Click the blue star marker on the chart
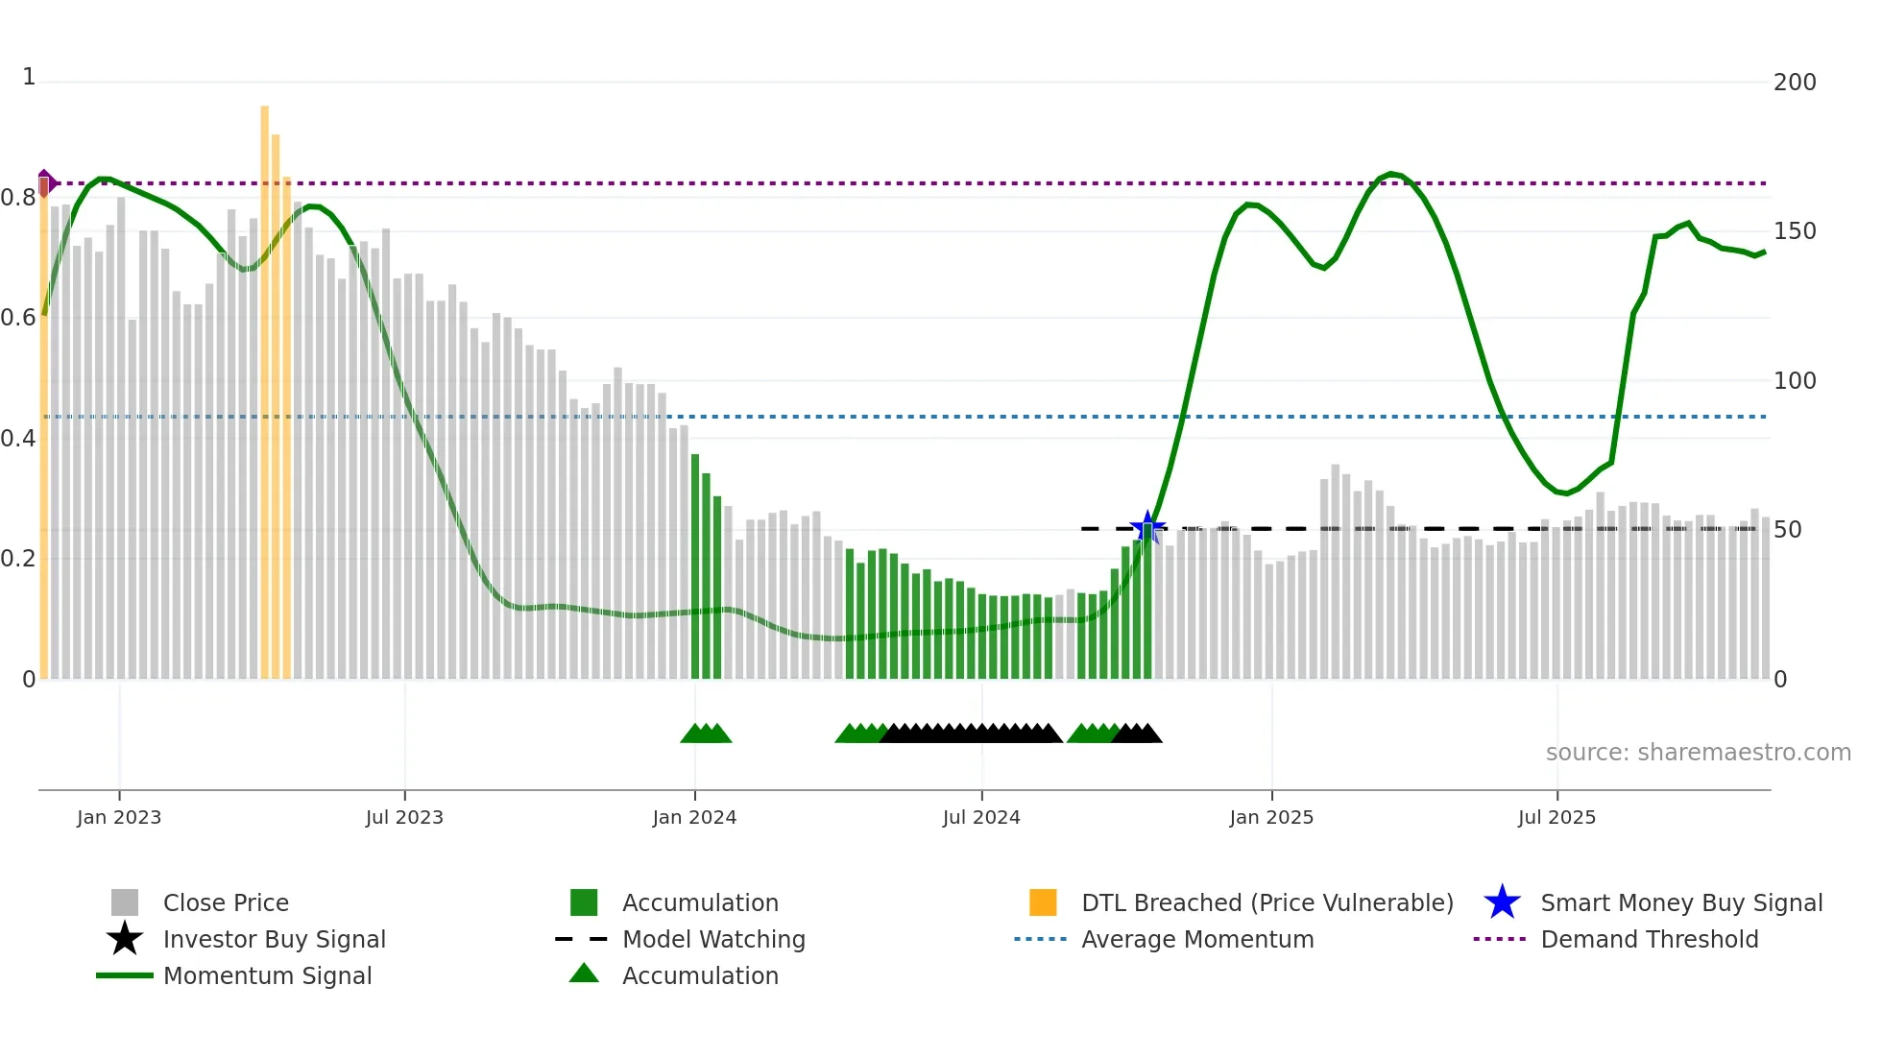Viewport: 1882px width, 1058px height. coord(1147,527)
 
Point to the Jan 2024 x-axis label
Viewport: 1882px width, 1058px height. coord(694,817)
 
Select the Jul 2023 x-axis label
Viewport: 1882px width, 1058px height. coord(404,817)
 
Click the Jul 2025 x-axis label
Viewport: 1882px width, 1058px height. coord(1556,817)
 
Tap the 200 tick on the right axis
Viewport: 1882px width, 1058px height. coord(1794,83)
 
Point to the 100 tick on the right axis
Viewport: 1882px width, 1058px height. coord(1794,381)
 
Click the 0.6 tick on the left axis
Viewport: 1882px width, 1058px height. coord(18,318)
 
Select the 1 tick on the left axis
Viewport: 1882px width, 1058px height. coord(29,77)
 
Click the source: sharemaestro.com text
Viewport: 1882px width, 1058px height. coord(1698,753)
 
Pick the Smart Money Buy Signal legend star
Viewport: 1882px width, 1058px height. coord(1502,902)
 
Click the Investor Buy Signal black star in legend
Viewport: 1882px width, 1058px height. coord(125,939)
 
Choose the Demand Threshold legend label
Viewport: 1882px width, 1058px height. coord(1649,939)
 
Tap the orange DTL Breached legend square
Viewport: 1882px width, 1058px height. coord(1043,902)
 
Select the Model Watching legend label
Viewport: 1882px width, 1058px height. coord(713,939)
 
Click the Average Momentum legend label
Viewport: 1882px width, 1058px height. coord(1197,939)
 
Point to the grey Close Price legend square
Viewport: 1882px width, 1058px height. coord(125,902)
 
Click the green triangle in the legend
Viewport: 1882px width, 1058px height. coord(584,974)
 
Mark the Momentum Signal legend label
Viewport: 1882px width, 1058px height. coord(267,975)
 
